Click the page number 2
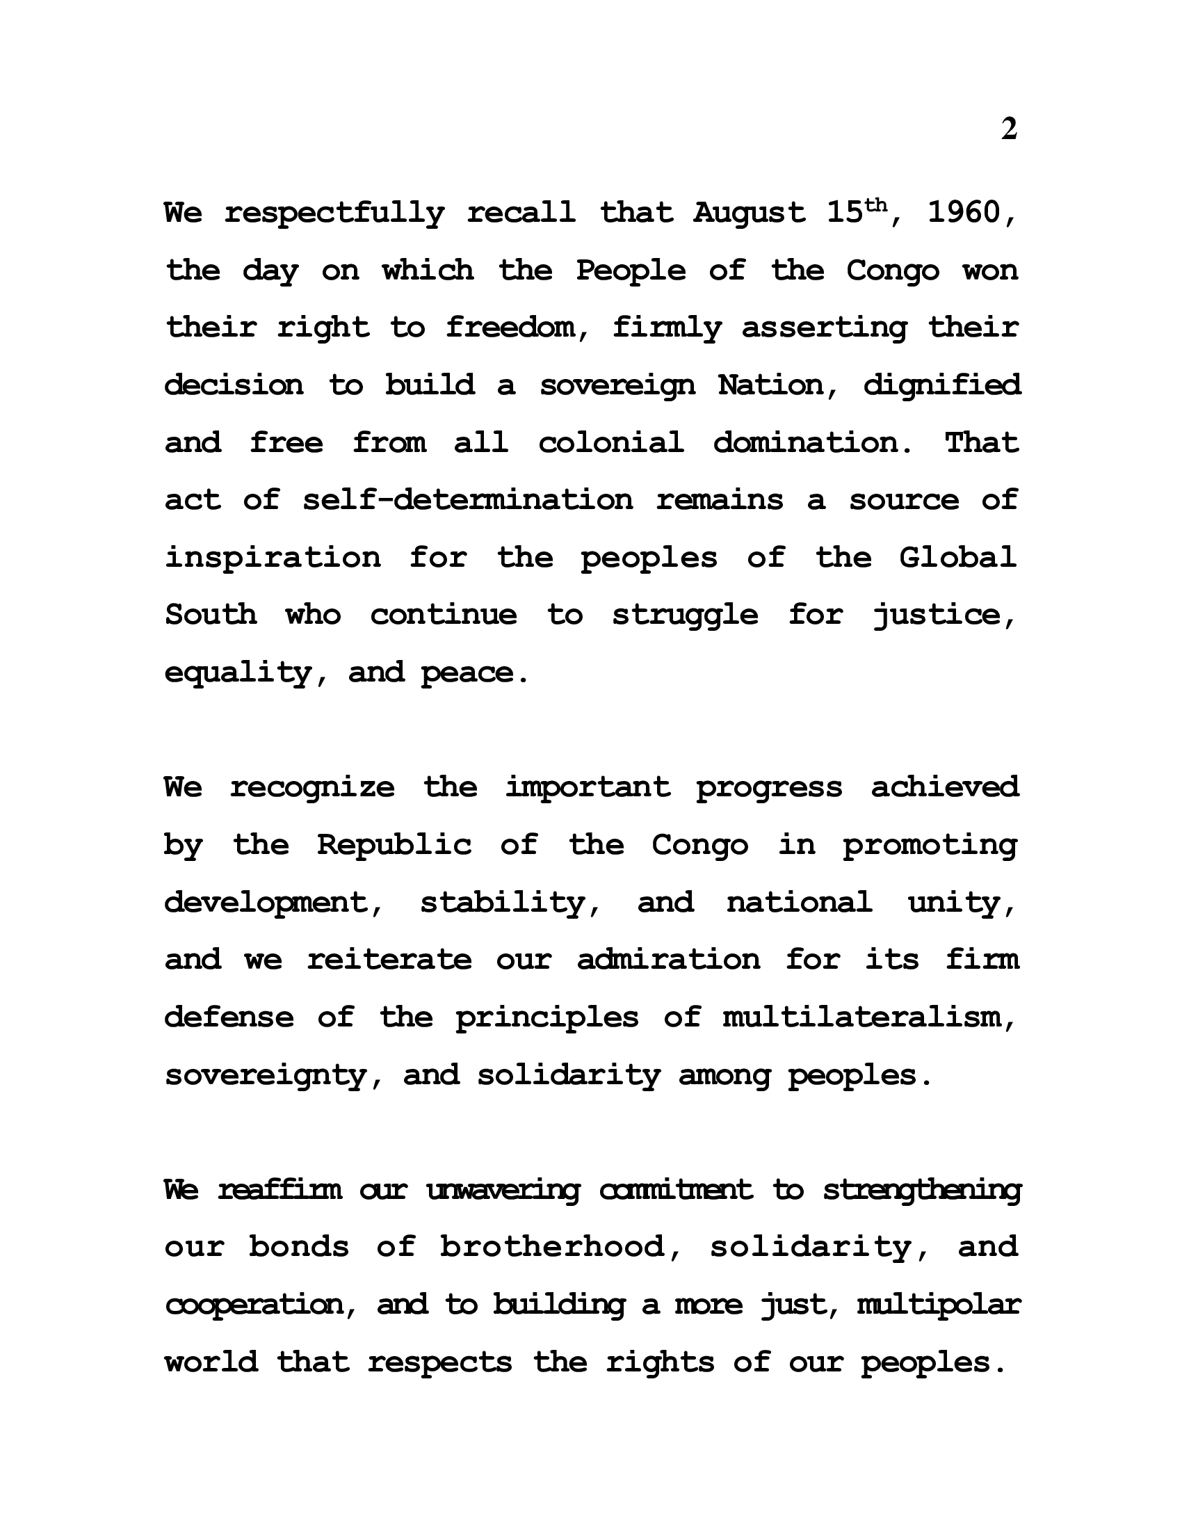click(1008, 129)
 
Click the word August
click(750, 213)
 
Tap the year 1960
click(965, 213)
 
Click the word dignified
click(942, 385)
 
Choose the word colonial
click(610, 443)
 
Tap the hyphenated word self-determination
click(468, 500)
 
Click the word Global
click(957, 558)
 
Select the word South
click(211, 615)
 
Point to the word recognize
click(312, 788)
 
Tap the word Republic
click(394, 846)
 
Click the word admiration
click(669, 960)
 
